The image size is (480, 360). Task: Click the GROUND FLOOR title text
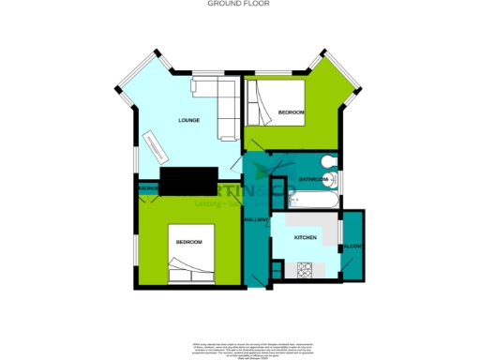[239, 4]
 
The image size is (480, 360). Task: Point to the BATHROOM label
[312, 178]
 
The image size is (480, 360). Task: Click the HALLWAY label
[256, 219]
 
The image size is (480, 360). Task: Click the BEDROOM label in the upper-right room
[292, 112]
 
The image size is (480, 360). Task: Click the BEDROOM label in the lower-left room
[188, 243]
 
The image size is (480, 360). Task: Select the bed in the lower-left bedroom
[192, 253]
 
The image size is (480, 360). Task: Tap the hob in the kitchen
[305, 270]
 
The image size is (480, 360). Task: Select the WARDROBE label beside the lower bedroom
[147, 189]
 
